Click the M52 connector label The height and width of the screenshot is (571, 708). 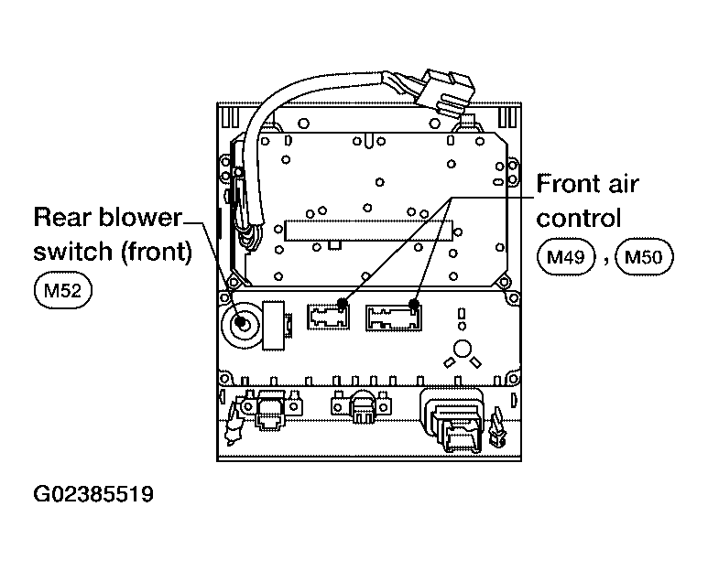63,290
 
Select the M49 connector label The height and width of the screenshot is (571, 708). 566,256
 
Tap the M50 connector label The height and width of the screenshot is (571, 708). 644,256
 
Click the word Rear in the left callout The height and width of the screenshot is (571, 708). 61,218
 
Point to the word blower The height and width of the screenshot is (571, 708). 139,218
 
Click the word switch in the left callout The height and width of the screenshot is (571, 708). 72,252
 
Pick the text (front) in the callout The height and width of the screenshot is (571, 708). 157,252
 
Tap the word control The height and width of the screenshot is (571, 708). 579,218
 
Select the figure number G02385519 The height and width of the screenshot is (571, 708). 93,494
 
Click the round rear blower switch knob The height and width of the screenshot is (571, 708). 242,323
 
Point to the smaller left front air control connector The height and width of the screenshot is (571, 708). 328,316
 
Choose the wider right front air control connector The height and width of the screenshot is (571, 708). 394,318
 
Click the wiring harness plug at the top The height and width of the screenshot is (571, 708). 446,93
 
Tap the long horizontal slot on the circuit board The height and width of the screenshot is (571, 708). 368,231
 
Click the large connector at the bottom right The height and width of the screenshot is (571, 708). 452,418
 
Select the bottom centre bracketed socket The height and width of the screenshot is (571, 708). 360,405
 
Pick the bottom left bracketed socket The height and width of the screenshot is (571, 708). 271,407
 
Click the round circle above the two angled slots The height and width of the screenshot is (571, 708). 462,349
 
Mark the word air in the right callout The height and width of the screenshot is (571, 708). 624,184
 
